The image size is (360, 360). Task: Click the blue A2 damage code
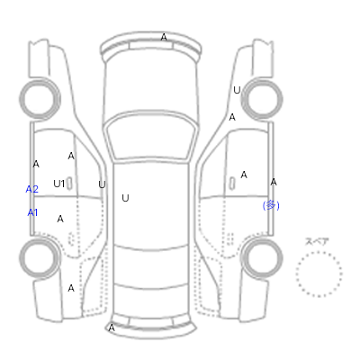[32, 189]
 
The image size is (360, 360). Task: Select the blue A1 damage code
[32, 212]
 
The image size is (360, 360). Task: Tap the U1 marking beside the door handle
[58, 184]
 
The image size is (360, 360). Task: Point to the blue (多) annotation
[271, 205]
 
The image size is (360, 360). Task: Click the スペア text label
[317, 241]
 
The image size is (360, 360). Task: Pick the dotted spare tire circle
[319, 252]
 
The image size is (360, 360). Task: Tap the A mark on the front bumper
[164, 37]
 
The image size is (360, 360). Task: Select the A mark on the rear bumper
[112, 328]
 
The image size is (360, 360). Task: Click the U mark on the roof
[125, 198]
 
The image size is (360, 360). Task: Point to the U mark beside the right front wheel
[237, 90]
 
